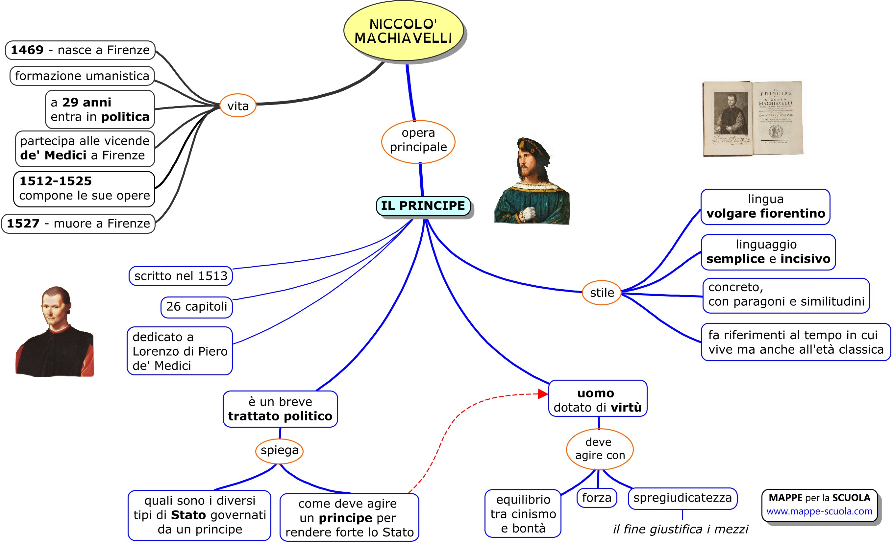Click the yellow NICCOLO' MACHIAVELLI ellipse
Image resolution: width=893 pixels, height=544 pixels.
(x=403, y=31)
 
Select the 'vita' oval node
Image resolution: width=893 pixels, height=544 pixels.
(x=238, y=106)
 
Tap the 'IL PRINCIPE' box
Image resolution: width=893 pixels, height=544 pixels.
(x=423, y=206)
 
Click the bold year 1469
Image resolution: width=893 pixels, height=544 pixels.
(x=27, y=50)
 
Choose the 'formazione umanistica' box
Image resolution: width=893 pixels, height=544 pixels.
(x=82, y=76)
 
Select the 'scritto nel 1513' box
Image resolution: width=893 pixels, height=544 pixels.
(x=181, y=276)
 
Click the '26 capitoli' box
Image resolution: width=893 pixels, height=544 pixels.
(x=196, y=307)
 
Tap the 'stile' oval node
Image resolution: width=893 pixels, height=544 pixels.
(x=602, y=293)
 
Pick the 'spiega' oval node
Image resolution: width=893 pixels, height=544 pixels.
(x=280, y=451)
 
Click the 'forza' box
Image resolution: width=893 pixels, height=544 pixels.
(x=597, y=498)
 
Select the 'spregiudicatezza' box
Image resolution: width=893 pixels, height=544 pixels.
(x=682, y=498)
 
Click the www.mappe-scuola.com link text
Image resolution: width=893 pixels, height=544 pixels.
(x=819, y=511)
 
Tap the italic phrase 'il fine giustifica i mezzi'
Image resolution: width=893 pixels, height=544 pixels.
(x=680, y=529)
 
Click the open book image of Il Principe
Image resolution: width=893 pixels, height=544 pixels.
(x=753, y=118)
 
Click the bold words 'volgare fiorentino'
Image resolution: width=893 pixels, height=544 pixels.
(x=765, y=214)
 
